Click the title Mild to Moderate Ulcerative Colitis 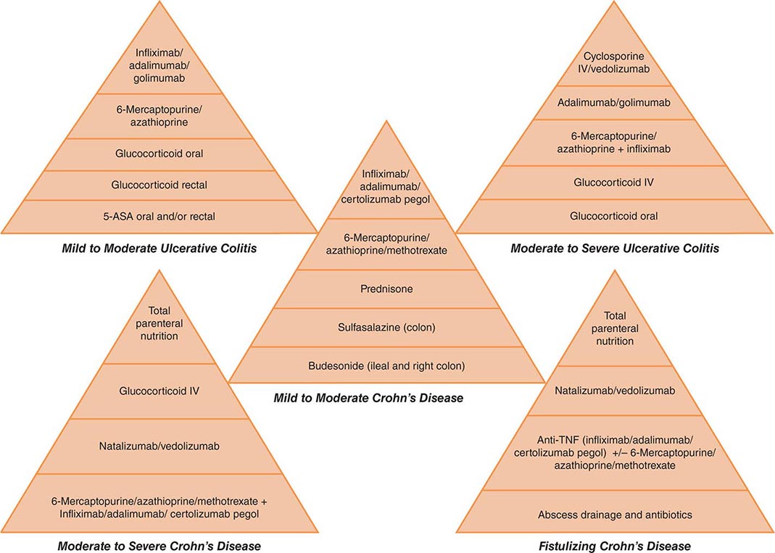tap(159, 249)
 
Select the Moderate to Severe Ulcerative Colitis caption tap(615, 249)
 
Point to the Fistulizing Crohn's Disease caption tap(615, 546)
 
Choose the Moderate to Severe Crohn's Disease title tap(159, 546)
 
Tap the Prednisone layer tap(386, 289)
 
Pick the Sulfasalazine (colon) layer tap(386, 327)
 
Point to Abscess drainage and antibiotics tap(615, 515)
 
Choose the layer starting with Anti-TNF tap(615, 454)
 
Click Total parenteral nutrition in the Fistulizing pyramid tap(615, 328)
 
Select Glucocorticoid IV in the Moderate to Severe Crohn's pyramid tap(159, 391)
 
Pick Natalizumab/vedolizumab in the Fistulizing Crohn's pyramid tap(615, 391)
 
